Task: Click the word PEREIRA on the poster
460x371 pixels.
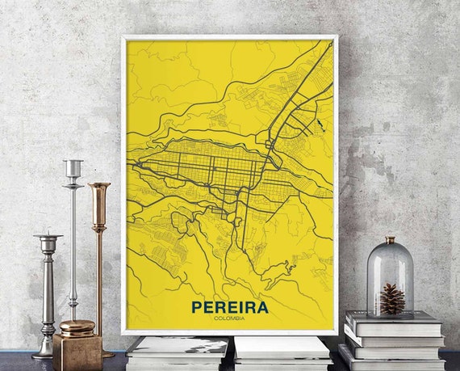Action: click(230, 307)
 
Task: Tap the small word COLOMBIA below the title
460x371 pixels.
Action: click(230, 318)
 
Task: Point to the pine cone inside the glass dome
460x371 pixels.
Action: click(392, 298)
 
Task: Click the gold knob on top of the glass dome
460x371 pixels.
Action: click(390, 241)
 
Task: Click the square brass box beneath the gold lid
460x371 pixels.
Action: click(77, 352)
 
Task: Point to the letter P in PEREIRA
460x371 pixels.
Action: click(196, 307)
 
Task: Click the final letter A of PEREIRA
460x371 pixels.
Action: click(262, 307)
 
